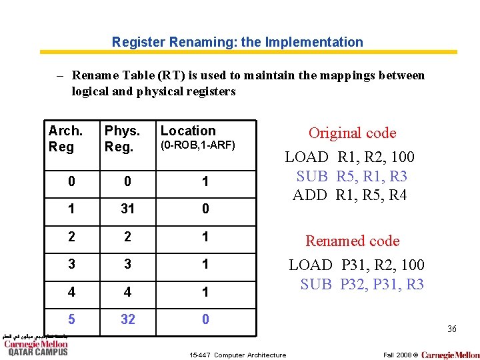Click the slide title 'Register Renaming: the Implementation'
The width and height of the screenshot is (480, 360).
point(237,42)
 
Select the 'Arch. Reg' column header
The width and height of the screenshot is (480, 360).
point(65,138)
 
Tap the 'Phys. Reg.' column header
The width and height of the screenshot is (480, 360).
point(122,138)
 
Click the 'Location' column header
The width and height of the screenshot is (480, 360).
point(188,131)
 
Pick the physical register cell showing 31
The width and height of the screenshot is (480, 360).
point(127,209)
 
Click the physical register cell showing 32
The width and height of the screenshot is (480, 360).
point(127,319)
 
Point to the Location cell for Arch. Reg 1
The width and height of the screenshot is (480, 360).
point(205,209)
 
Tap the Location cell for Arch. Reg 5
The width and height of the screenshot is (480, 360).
point(205,319)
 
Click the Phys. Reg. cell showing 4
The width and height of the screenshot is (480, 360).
point(127,292)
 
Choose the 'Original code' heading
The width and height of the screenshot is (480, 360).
point(352,133)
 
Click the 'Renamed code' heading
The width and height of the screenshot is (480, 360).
point(352,241)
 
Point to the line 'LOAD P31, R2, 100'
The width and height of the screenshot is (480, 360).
point(356,265)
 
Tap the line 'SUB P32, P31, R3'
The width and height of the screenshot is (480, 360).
point(362,284)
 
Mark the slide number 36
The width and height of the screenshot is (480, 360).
point(451,329)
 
